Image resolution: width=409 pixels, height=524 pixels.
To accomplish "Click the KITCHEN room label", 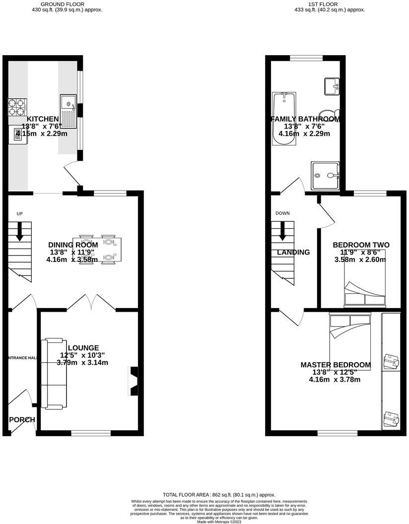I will (x=43, y=119).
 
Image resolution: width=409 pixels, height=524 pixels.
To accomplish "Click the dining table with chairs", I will (x=97, y=250).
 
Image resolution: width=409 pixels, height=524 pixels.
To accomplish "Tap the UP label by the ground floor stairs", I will (x=20, y=214).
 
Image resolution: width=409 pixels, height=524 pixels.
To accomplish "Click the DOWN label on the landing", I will (x=282, y=213).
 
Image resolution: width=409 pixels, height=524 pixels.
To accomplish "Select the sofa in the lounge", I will (x=53, y=373).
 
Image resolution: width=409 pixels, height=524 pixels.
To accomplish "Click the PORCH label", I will (x=22, y=420).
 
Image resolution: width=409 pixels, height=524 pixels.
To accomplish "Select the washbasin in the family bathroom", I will (x=331, y=86).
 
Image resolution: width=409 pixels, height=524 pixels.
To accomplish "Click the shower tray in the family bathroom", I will (x=325, y=175).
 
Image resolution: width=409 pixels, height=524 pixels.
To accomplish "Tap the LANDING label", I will (x=293, y=252).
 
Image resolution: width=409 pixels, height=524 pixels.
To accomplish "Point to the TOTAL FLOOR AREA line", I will (x=219, y=495).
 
